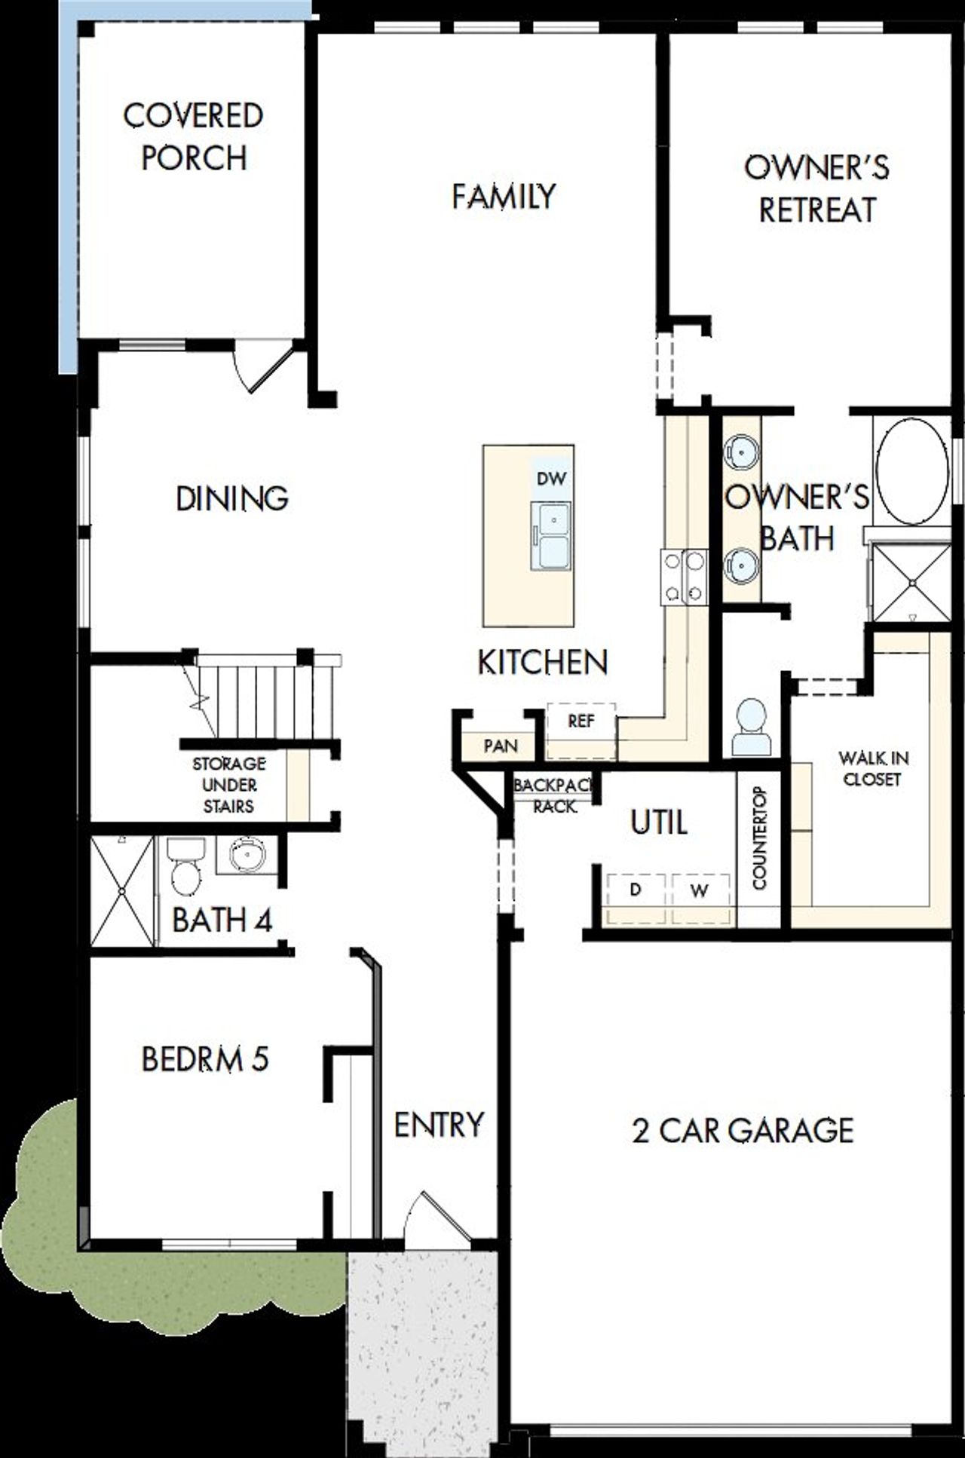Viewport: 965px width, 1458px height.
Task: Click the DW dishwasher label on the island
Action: tap(551, 479)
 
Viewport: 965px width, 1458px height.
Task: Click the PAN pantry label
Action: tap(501, 746)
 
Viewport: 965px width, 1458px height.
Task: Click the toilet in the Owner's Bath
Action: tap(752, 728)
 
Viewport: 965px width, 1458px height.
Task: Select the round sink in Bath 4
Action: tap(247, 856)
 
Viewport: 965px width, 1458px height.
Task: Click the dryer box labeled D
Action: tap(636, 890)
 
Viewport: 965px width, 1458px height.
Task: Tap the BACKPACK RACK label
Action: tap(555, 796)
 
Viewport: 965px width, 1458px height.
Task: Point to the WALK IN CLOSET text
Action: tap(872, 768)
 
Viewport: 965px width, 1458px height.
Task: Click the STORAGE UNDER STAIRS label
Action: tap(228, 785)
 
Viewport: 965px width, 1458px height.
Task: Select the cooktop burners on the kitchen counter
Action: tap(685, 577)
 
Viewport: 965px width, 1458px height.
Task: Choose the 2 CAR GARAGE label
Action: tap(742, 1131)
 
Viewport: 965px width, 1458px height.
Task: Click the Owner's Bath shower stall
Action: tap(911, 583)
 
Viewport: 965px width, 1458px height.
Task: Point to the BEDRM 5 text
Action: tap(205, 1059)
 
